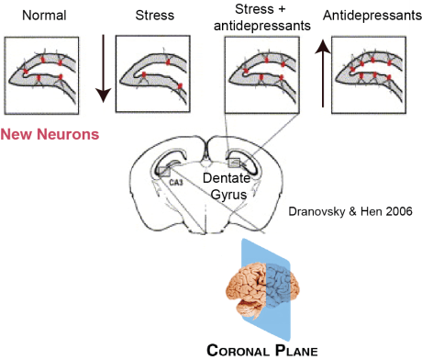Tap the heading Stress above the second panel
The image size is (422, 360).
tap(154, 16)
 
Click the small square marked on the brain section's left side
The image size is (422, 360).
tap(163, 170)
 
